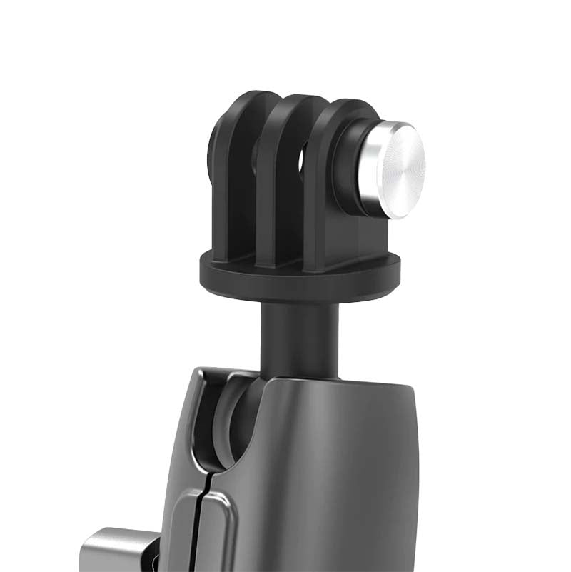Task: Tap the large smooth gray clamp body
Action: [x=335, y=471]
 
